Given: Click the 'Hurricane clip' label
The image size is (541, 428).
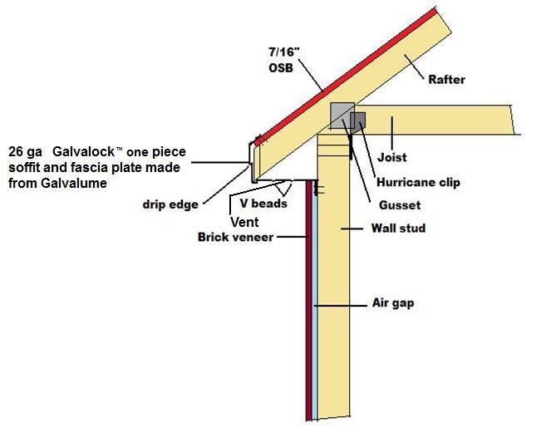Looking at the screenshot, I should [419, 183].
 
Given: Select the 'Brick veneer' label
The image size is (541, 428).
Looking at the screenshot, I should [236, 237].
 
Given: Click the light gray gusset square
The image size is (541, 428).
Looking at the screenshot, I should [340, 116].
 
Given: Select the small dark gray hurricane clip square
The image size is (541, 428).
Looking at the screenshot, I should [358, 122].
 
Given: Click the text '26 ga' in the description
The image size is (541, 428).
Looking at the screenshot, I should [26, 152].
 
